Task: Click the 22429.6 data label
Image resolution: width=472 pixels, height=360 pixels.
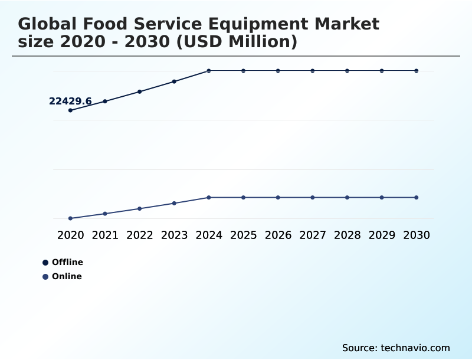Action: tap(70, 102)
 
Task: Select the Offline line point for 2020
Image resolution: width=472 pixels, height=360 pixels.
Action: tap(70, 110)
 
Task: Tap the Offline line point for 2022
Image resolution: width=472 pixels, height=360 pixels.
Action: tap(140, 91)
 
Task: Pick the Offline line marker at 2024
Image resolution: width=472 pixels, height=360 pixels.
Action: tap(209, 71)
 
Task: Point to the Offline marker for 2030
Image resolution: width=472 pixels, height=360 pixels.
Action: tap(417, 71)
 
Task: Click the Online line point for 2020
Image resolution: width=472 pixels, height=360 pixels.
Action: tap(70, 218)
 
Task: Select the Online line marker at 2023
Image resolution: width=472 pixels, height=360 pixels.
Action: tap(174, 204)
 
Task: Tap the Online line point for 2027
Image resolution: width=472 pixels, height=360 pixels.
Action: tap(313, 197)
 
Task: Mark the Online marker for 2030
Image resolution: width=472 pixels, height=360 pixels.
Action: tap(417, 197)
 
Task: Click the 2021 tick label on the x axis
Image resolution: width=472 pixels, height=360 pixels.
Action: tap(105, 235)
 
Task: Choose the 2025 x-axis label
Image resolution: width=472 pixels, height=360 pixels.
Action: tap(243, 235)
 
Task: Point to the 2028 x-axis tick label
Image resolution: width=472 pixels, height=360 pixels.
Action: tap(347, 235)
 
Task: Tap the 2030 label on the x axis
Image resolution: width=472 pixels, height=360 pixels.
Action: tap(417, 235)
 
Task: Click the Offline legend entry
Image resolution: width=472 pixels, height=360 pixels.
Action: tap(63, 262)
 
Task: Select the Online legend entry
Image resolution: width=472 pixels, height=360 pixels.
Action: tap(63, 276)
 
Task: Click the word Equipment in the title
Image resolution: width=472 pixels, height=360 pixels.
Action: tap(257, 24)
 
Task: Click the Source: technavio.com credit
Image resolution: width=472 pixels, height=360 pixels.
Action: tap(396, 348)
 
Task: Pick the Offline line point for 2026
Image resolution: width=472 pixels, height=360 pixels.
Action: tap(278, 71)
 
